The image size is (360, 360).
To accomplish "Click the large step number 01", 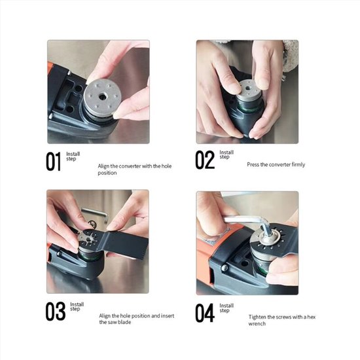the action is [53, 162].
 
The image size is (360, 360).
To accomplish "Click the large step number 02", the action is [205, 160].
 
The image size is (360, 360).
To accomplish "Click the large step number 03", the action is [56, 312].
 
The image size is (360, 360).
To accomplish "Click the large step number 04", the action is [205, 313].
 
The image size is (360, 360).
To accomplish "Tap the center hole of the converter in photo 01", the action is [102, 97].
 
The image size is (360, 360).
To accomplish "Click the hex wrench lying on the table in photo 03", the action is [95, 213].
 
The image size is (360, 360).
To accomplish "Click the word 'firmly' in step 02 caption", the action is [298, 164].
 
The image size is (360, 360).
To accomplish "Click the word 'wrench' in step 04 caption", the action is [257, 324].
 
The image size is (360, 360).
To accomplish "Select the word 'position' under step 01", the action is [107, 173].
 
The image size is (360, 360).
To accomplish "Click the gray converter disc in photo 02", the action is [248, 91].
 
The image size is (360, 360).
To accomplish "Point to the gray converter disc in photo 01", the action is [102, 97].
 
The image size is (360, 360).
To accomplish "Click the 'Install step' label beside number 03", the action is [77, 306].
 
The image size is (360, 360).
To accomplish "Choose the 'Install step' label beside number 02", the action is [226, 154].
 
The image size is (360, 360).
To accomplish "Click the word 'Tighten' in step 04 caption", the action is [257, 317].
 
